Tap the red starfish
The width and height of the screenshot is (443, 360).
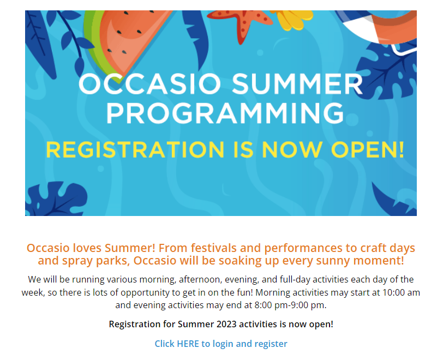[241, 24]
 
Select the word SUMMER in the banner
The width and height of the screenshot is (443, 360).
[297, 84]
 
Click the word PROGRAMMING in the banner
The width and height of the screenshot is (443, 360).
[225, 113]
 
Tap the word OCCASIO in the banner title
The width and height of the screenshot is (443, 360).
[149, 84]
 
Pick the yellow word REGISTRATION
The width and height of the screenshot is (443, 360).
[135, 150]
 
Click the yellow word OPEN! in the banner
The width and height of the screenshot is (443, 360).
[368, 150]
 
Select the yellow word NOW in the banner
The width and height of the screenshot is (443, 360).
[292, 150]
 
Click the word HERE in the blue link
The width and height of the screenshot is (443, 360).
[188, 344]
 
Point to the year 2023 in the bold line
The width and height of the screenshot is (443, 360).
[226, 324]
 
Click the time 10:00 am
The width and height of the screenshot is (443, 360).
[401, 292]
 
